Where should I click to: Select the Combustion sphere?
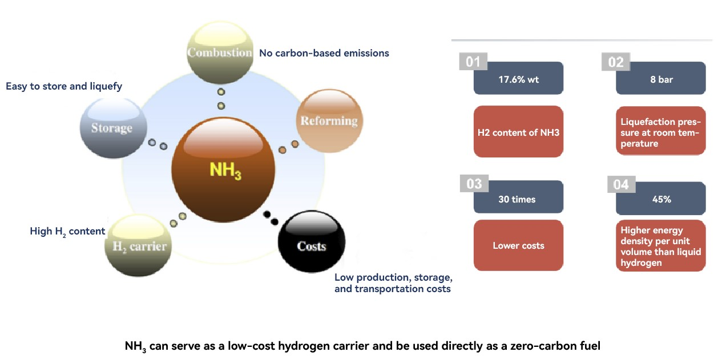click(220, 53)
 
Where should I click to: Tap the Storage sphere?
click(112, 128)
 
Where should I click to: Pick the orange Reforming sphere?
click(329, 120)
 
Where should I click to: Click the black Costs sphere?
click(311, 245)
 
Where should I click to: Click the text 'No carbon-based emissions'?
click(324, 53)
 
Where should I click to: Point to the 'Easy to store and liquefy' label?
click(64, 86)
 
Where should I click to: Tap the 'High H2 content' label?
click(67, 231)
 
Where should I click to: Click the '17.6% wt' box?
click(518, 79)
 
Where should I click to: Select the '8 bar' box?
click(661, 79)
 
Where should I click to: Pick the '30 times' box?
click(518, 199)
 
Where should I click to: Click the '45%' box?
click(661, 199)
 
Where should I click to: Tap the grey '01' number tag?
click(473, 62)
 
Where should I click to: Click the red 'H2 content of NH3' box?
click(518, 132)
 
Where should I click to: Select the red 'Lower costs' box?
click(518, 245)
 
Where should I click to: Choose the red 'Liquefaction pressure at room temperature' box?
click(661, 132)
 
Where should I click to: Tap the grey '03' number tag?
click(474, 184)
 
